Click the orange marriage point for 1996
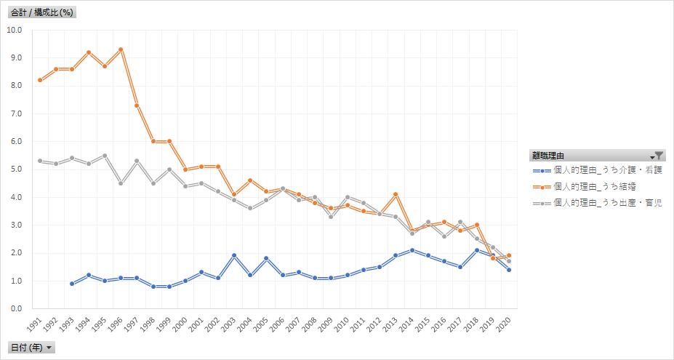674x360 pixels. tap(120, 49)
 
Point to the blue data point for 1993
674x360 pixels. tap(71, 284)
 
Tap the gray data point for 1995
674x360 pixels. tap(104, 156)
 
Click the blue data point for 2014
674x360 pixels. tap(412, 250)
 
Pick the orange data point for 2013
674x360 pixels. tap(396, 194)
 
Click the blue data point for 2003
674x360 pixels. tap(233, 255)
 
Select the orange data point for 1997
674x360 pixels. tap(137, 105)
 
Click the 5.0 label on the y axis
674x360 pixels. tap(17, 169)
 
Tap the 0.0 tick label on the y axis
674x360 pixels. tap(17, 309)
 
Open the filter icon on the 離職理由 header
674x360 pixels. tap(657, 155)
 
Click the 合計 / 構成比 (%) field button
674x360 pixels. tap(43, 12)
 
